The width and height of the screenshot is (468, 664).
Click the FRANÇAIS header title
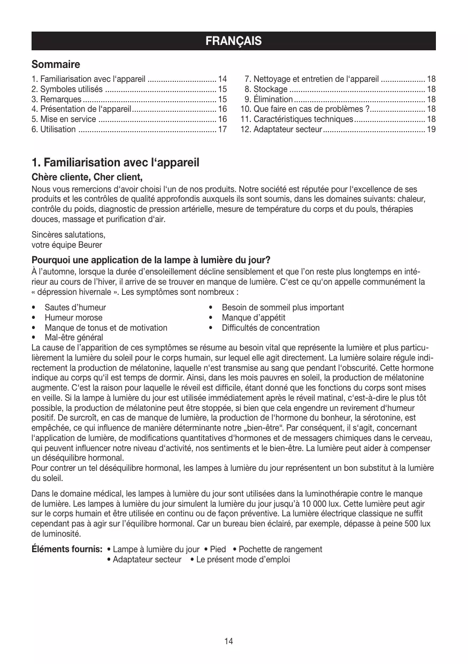coord(234,41)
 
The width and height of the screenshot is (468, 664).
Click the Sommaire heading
coord(56,65)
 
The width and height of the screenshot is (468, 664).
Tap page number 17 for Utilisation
coord(223,129)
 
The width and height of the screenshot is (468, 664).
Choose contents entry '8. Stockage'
coord(266,89)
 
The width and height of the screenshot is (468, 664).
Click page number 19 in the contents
coord(431,129)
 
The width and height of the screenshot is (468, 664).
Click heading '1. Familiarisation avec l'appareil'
coord(115,162)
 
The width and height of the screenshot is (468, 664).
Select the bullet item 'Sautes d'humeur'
coord(75,307)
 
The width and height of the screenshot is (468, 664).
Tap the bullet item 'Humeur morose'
coord(73,317)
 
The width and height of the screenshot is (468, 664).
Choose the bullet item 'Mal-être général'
coord(74,338)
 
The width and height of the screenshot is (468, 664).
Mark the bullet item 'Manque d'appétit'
coord(254,317)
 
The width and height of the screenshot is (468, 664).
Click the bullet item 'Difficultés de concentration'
coord(271,327)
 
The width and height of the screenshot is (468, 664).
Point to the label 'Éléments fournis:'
coord(67,549)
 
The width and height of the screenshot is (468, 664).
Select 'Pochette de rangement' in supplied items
coord(280,549)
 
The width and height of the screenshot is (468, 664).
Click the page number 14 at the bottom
coord(229,641)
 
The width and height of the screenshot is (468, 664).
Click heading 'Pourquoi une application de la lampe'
coord(151,261)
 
